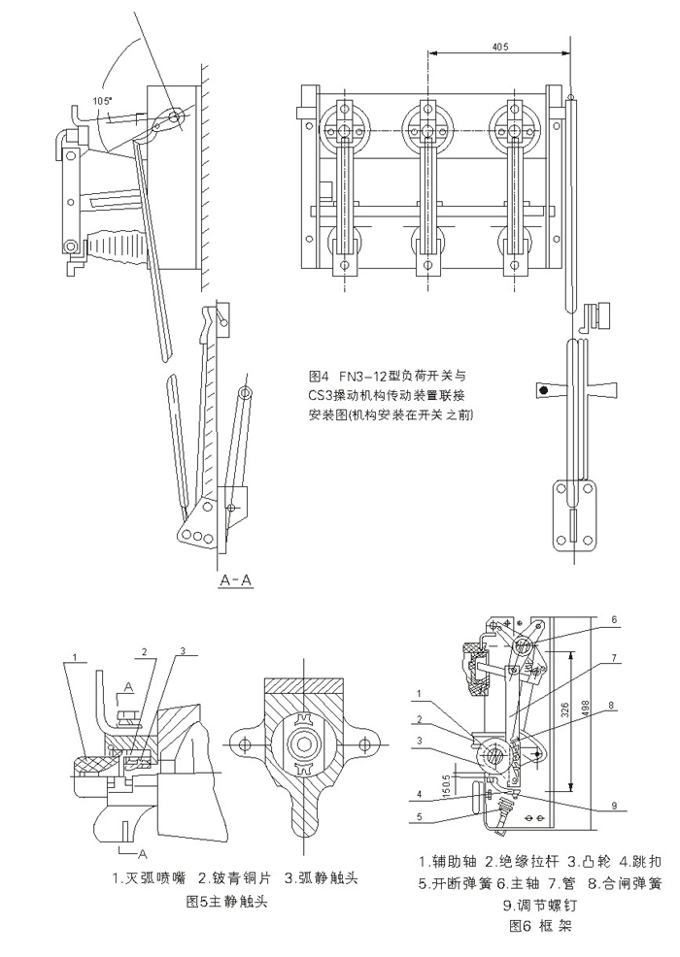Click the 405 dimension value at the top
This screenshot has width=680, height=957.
[499, 47]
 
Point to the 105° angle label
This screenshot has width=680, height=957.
[101, 100]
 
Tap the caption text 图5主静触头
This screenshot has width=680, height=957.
[225, 902]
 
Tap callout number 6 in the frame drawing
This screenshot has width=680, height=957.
[614, 618]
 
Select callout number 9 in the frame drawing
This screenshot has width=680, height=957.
[615, 805]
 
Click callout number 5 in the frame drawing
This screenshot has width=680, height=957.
[421, 816]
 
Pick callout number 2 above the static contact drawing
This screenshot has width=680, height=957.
[143, 650]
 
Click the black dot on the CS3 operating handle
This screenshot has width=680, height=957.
[543, 390]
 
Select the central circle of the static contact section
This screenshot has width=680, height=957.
[303, 743]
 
